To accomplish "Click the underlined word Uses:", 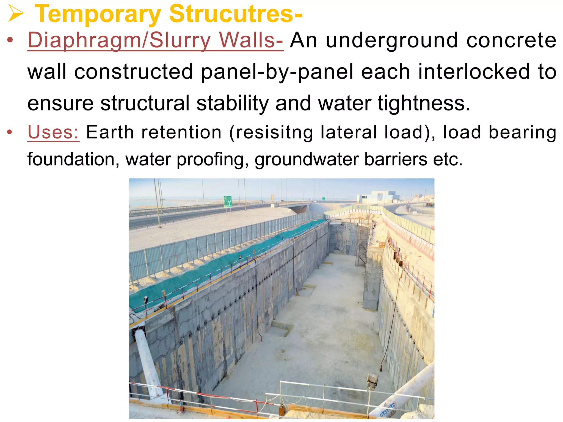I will [53, 132].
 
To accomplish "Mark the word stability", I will [233, 103].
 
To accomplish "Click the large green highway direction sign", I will [228, 201].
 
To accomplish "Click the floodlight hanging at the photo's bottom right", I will [372, 381].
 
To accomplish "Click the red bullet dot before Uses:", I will [10, 132].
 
